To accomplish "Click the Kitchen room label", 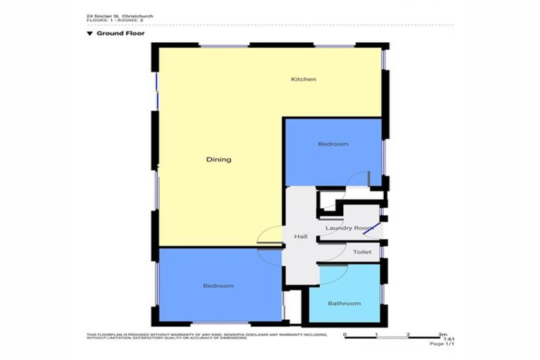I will click(304, 79).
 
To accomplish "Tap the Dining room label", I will click(218, 160).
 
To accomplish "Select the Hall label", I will click(301, 236).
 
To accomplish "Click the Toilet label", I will click(361, 252).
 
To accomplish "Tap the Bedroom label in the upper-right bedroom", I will click(333, 144).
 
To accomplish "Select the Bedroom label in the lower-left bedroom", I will click(218, 286).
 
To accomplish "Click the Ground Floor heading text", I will click(116, 32).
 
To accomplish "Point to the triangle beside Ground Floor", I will click(90, 32).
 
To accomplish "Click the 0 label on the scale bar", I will click(345, 335).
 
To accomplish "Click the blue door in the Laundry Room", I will click(372, 227).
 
